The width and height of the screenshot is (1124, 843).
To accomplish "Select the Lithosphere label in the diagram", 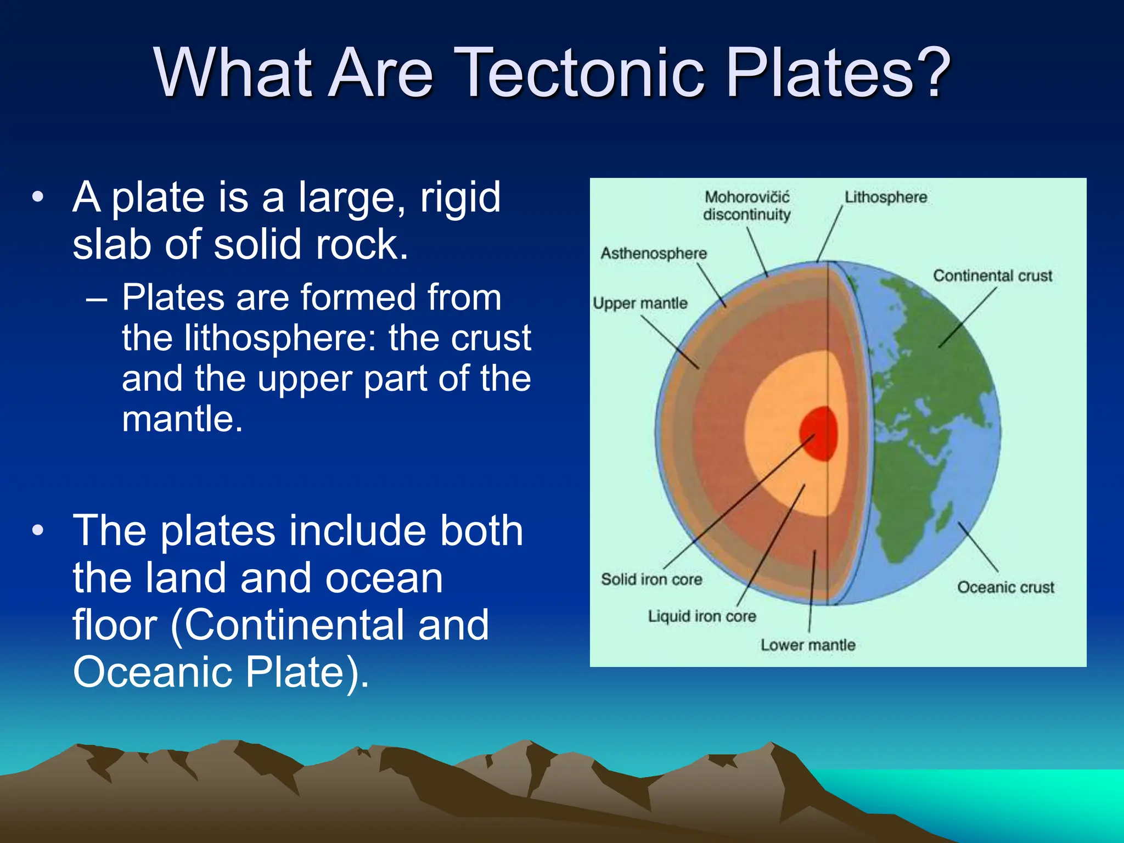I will tap(885, 197).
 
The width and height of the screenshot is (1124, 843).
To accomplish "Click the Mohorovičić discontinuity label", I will tap(747, 206).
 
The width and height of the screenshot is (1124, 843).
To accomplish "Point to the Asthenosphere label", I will tap(654, 254).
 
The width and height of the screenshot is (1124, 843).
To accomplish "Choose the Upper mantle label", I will tap(640, 304).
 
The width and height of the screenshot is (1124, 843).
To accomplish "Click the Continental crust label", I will tap(992, 276).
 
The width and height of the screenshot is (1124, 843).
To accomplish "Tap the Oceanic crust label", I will tap(1005, 587).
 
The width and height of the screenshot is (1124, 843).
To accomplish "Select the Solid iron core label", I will tap(651, 580).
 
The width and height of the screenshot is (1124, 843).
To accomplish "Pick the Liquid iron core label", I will tap(702, 616).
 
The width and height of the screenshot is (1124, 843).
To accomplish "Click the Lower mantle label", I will tap(808, 645).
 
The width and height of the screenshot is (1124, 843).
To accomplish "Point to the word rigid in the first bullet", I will tap(460, 198).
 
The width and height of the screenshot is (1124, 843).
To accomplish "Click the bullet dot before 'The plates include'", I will tap(37, 531).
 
